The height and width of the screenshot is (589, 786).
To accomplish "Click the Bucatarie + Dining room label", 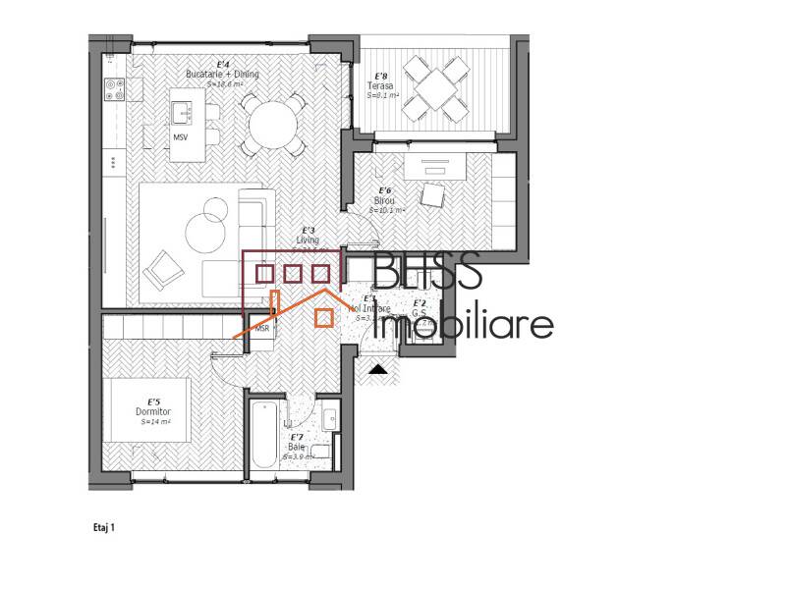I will pos(215,75).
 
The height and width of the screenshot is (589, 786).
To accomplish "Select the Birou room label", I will pos(383,200).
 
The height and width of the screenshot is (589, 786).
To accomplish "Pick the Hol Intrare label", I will pos(369,308).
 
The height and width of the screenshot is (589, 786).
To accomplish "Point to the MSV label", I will pos(181,137).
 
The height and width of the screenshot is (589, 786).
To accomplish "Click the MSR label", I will pos(262,328).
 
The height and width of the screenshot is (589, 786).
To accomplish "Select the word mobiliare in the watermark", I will pos(466,324).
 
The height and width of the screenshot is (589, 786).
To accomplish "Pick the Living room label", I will pos(309,239).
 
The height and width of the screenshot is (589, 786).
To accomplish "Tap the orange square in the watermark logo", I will pos(323,316).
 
